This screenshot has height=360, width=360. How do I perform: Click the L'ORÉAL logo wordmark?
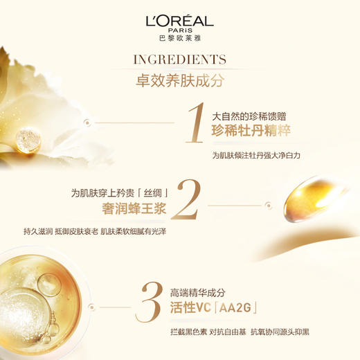pos(179,20)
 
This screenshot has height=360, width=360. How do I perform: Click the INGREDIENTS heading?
pos(179,59)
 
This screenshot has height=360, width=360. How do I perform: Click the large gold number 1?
pos(196,124)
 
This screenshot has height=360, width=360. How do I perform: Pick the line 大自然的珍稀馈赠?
pos(246,116)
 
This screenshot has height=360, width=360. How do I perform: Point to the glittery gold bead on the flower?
pos(28,141)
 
